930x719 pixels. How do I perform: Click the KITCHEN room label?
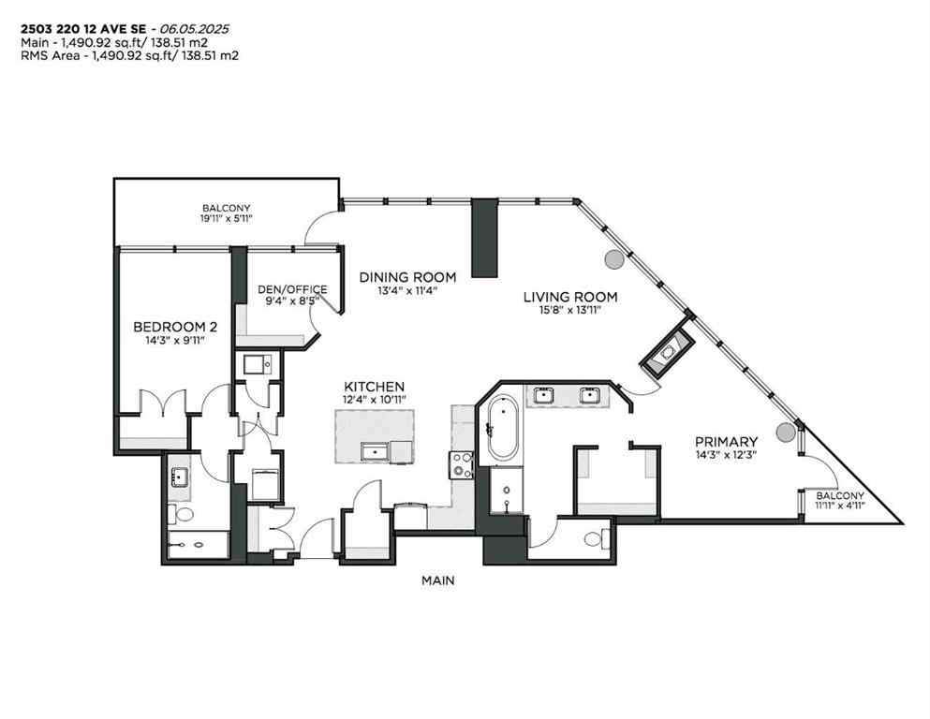coord(374,387)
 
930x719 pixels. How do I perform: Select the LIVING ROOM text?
coord(570,298)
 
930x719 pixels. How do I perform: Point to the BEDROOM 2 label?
coord(175,327)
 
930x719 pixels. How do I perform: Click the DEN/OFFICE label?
coord(293,289)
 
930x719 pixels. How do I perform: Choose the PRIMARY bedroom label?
coord(726,441)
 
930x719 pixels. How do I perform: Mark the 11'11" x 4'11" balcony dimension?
coord(839,506)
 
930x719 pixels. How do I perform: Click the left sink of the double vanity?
coord(544,395)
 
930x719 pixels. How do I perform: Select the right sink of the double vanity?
coord(589,395)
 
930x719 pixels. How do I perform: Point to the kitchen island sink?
coord(376,451)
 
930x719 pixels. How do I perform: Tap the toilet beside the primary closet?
coord(597,538)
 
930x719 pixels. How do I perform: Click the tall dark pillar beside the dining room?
coord(484,238)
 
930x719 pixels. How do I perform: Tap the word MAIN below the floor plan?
coord(437,580)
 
